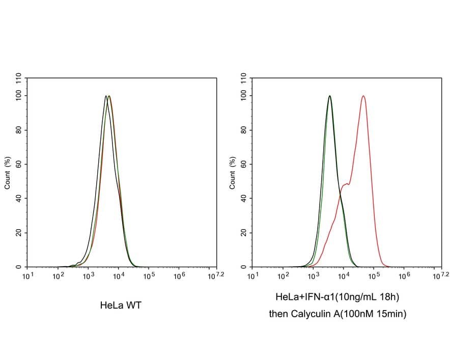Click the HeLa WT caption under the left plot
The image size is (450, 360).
tap(121, 306)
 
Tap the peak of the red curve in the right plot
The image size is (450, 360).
tap(363, 96)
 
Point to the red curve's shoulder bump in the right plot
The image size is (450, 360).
tap(347, 184)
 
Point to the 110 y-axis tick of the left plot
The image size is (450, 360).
tap(19, 79)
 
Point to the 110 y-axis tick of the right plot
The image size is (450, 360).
tap(244, 79)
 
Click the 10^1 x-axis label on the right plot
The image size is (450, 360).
tap(253, 276)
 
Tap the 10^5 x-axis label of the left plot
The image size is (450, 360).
tap(149, 276)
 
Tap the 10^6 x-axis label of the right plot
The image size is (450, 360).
tap(404, 276)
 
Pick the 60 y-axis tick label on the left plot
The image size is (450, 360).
tap(19, 164)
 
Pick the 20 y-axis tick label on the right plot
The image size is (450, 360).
tap(244, 233)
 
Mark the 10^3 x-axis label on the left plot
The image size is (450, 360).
tap(89, 276)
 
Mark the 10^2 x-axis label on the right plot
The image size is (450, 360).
tap(284, 276)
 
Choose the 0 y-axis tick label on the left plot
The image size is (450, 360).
tap(19, 267)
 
